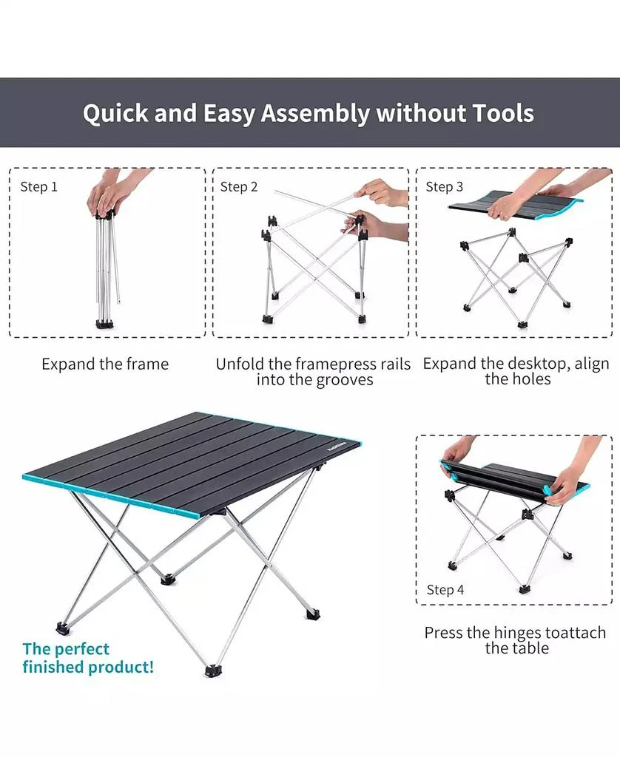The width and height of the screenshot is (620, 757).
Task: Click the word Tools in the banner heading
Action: click(x=497, y=114)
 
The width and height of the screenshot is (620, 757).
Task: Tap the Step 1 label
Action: click(x=38, y=187)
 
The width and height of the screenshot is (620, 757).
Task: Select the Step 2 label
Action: click(x=239, y=187)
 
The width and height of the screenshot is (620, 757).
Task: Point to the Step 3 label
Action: click(x=445, y=187)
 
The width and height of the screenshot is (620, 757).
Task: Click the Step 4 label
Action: click(x=445, y=589)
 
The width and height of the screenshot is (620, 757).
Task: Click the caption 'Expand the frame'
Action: click(x=105, y=364)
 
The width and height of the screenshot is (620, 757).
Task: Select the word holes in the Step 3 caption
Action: click(x=530, y=379)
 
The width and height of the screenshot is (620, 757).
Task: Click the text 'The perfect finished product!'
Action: click(x=88, y=658)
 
